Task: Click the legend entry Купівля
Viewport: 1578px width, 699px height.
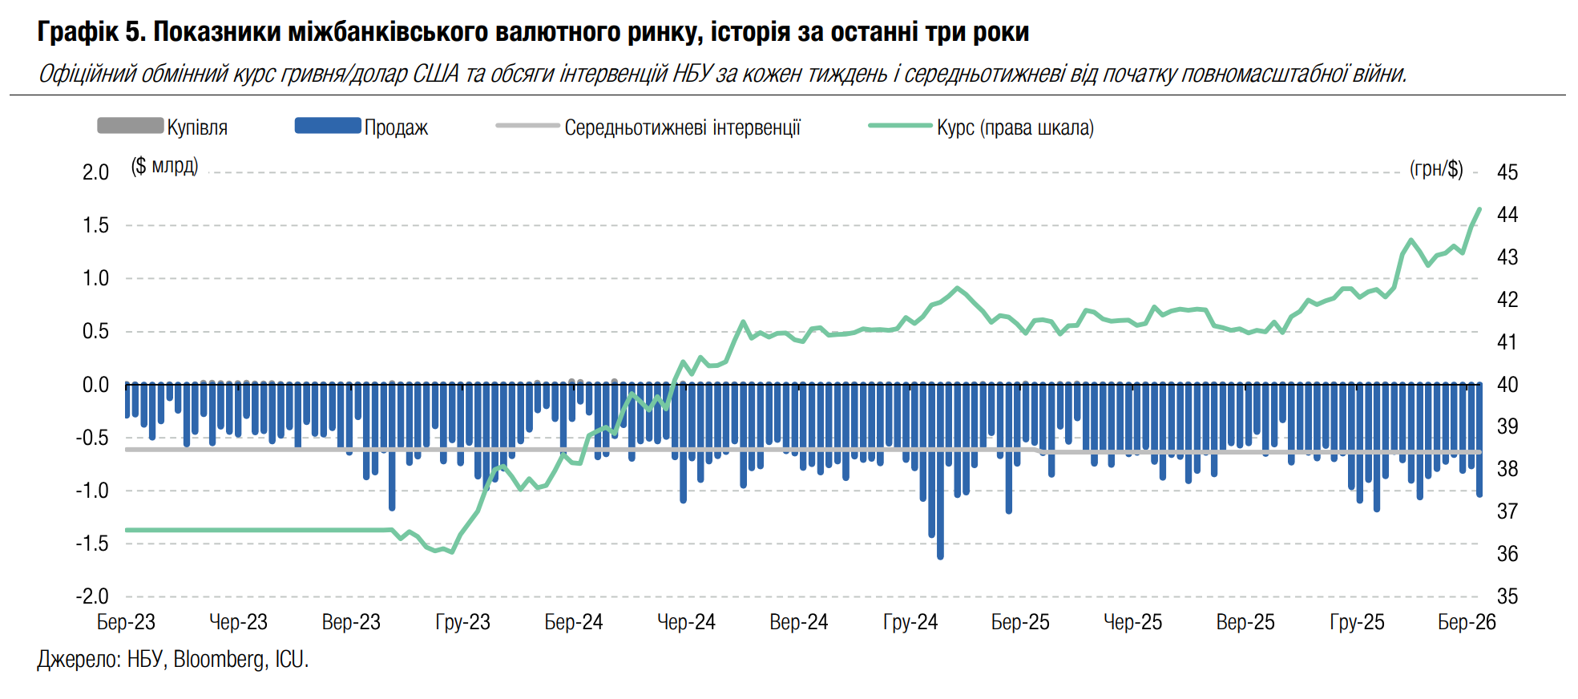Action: tap(196, 127)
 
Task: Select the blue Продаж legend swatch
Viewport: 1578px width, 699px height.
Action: tap(328, 126)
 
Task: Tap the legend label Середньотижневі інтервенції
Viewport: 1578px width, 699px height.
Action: tap(682, 127)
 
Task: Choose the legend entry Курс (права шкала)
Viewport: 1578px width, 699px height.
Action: tap(1015, 127)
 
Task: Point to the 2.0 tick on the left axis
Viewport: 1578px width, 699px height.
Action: tap(95, 172)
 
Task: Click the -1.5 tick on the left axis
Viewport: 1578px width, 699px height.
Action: tap(92, 543)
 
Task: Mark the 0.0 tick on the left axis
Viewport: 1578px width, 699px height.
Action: tap(95, 385)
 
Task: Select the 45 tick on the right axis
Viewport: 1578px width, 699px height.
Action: tap(1507, 172)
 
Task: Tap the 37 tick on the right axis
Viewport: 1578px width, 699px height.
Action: tap(1507, 511)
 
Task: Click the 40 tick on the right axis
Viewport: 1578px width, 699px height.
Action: tap(1507, 385)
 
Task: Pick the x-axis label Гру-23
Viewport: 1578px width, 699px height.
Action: tap(462, 622)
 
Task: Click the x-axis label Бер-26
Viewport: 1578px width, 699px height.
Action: tap(1467, 622)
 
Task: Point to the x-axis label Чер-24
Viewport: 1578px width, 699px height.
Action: tap(686, 622)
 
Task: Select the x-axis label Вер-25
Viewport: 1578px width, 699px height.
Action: tap(1245, 622)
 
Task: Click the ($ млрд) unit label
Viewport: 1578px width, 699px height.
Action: tap(164, 166)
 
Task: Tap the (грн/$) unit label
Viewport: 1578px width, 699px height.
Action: tap(1436, 169)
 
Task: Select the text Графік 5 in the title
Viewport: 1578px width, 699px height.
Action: tap(90, 32)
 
